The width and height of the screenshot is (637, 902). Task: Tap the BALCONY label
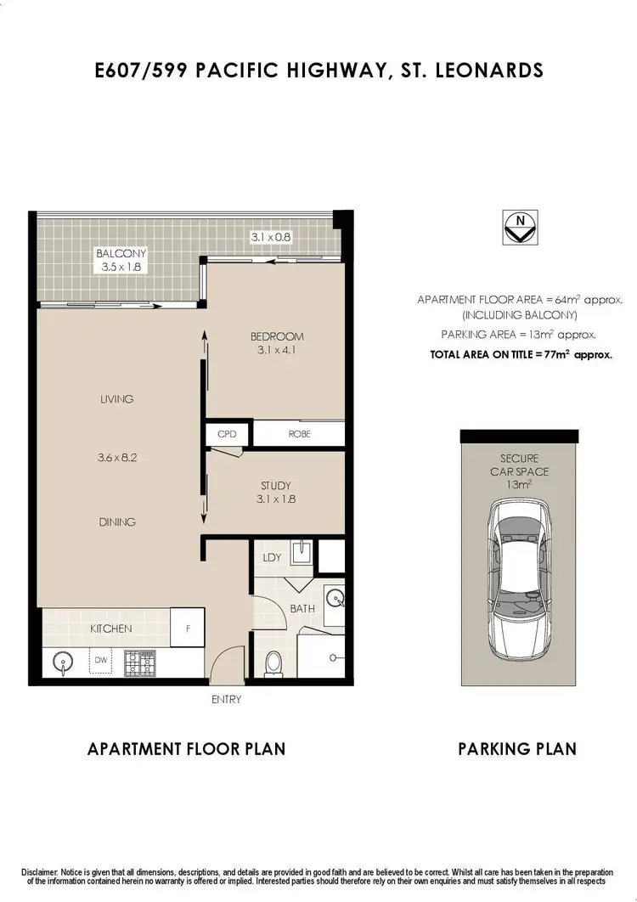[121, 253]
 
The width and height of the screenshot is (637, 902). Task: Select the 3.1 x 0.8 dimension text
[271, 238]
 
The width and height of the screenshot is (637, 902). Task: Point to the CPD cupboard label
[227, 434]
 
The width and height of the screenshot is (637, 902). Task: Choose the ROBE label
[299, 434]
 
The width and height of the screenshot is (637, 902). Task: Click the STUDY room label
[275, 486]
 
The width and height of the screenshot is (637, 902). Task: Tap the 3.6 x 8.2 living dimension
[116, 456]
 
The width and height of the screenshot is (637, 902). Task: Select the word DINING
[116, 521]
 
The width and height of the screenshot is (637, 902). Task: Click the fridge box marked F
[187, 629]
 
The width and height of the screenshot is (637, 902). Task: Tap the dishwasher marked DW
[101, 659]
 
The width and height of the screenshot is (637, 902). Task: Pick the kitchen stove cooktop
[140, 662]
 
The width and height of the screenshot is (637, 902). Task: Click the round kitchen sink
[62, 662]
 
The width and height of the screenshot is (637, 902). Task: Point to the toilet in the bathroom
[273, 662]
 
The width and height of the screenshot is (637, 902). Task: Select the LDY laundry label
[272, 557]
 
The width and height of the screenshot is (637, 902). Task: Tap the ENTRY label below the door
[227, 700]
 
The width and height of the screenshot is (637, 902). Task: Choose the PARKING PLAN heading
[517, 748]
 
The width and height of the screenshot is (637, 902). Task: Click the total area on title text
[521, 354]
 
